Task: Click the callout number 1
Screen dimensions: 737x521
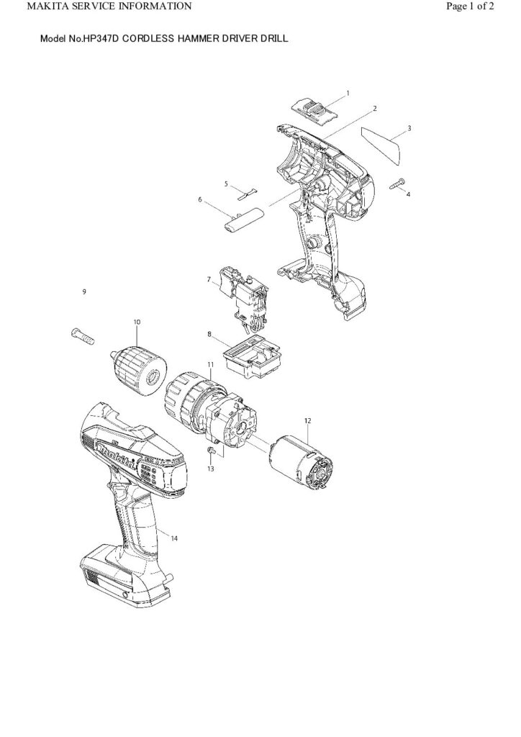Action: [348, 93]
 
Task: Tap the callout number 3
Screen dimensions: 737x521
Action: [409, 128]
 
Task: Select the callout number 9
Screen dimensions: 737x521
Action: [84, 291]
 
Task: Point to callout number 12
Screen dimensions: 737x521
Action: [307, 420]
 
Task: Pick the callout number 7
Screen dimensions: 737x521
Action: [209, 279]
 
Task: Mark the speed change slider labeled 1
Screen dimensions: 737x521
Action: [315, 109]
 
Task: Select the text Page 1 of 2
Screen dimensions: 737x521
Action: [470, 6]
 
